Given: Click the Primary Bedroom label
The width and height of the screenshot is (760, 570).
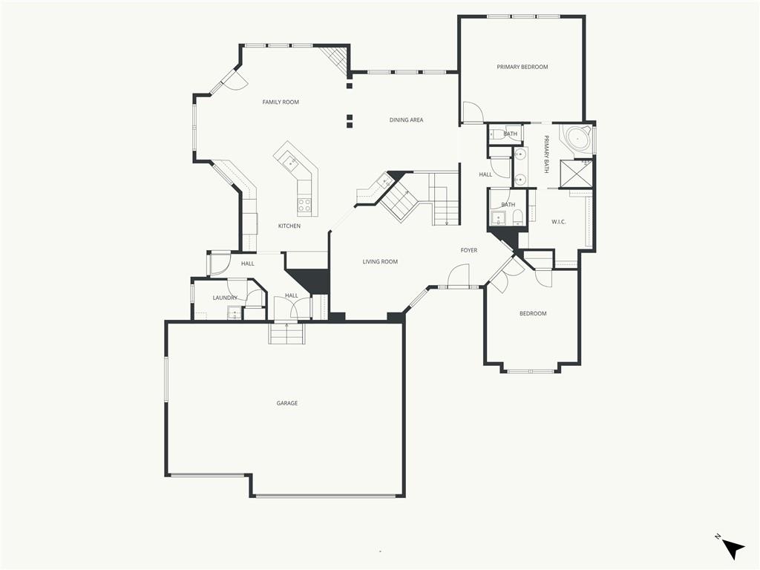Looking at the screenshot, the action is point(522,67).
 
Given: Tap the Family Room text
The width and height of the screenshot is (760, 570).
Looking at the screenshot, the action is point(281,102).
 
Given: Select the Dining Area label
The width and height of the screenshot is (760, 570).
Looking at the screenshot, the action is point(406,119).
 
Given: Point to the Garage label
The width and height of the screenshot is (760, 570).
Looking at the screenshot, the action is point(287,403).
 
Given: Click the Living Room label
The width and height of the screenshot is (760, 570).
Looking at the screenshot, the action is point(380,262).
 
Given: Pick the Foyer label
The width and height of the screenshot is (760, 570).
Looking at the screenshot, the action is point(469,250).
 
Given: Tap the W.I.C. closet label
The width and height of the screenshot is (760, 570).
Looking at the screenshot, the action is point(559,222).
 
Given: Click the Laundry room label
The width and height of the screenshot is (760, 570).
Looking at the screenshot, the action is point(225,298).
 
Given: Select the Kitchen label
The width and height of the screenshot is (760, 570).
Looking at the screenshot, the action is point(289,226).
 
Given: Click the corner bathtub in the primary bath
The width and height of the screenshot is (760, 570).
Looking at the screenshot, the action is point(576,140).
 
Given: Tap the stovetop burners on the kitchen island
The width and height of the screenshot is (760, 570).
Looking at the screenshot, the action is point(304,205).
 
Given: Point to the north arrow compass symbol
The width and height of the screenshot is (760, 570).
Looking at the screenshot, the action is point(732,548).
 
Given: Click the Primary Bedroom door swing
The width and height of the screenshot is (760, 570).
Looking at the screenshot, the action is point(473,112).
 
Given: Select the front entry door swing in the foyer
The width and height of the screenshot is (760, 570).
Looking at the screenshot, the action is point(459,275).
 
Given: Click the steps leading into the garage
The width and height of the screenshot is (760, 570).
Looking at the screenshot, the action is point(287,333).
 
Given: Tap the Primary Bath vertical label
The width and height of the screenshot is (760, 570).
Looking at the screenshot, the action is point(546,154).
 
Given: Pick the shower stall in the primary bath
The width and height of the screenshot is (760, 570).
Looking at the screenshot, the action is point(576,174).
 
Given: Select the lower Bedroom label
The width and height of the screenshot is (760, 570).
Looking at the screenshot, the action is point(533,314).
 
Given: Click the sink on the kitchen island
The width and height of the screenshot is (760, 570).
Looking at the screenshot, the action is point(290,161).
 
